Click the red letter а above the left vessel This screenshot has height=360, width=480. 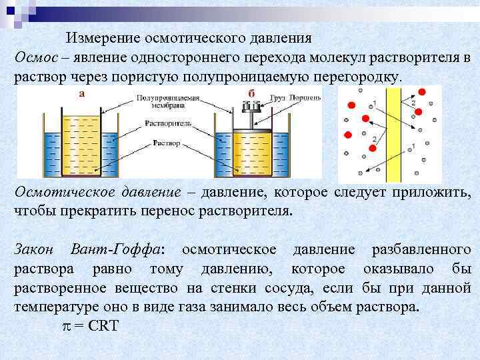pyautogui.click(x=81, y=93)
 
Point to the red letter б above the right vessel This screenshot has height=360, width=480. pyautogui.click(x=251, y=93)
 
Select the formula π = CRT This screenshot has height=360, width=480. pyautogui.click(x=87, y=327)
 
